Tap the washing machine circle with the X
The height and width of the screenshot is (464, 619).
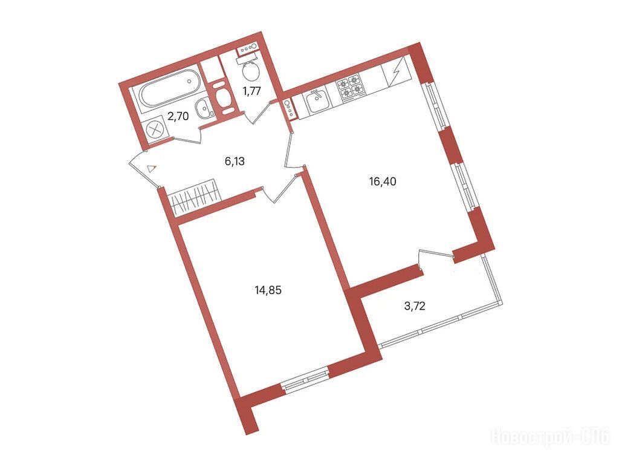pyautogui.click(x=154, y=129)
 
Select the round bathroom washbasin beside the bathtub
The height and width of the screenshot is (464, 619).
pyautogui.click(x=204, y=107)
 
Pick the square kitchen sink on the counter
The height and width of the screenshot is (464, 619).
pyautogui.click(x=316, y=100)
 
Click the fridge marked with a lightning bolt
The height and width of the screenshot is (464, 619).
pyautogui.click(x=397, y=72)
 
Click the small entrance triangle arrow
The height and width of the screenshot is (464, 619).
pyautogui.click(x=152, y=169)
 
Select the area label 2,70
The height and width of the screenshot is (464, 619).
pyautogui.click(x=178, y=116)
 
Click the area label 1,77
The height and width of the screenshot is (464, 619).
pyautogui.click(x=251, y=91)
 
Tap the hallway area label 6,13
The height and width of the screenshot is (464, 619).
pyautogui.click(x=235, y=162)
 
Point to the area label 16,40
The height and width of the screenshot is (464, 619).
pyautogui.click(x=383, y=181)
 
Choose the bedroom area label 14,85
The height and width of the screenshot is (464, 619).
pyautogui.click(x=268, y=290)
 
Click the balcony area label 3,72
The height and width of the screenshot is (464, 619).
pyautogui.click(x=415, y=306)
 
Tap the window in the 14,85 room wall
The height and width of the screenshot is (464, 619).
pyautogui.click(x=306, y=379)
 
